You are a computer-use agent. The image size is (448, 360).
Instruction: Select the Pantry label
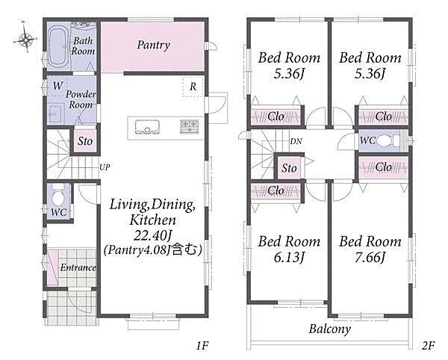154,45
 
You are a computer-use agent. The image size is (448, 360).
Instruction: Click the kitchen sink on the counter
147,127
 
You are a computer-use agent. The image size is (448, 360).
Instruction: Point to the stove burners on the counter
189,126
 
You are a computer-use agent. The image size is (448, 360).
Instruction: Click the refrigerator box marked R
193,87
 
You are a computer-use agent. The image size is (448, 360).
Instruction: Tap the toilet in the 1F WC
58,196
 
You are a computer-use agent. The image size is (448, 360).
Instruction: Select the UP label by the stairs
105,167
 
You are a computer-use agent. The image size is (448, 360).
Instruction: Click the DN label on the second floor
296,141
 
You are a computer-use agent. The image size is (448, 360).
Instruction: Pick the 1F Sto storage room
85,141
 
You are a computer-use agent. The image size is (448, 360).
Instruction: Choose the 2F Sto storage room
289,168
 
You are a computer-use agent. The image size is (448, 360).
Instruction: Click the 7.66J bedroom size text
370,258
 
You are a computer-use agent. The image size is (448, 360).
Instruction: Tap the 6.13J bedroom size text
289,258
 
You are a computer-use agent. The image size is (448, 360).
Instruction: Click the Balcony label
330,329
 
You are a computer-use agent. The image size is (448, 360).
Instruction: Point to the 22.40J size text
153,235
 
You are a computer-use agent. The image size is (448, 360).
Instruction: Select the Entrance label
78,267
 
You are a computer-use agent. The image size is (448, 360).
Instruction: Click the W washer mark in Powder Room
58,86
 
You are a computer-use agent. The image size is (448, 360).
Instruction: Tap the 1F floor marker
202,346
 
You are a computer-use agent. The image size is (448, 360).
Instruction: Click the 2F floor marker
428,346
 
